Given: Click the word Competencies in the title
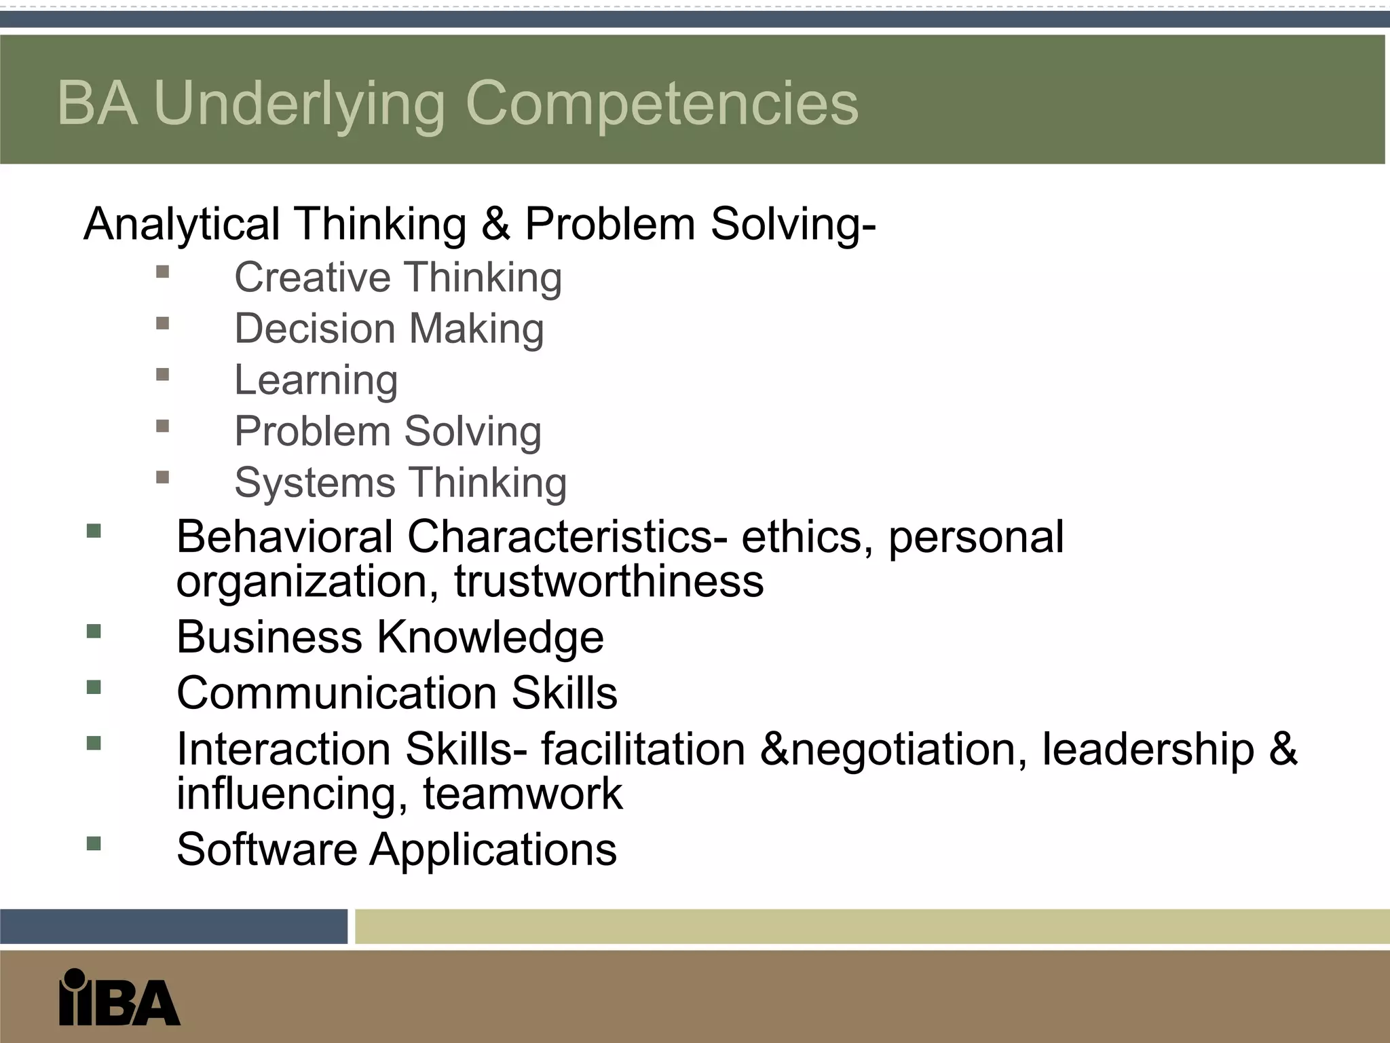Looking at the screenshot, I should [x=662, y=103].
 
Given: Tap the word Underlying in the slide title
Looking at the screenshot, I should [x=299, y=103].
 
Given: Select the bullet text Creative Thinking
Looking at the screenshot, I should [x=398, y=278].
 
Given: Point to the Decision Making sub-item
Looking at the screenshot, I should [x=389, y=329].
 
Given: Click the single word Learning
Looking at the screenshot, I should [x=316, y=380].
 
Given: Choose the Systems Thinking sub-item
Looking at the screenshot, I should [x=400, y=483].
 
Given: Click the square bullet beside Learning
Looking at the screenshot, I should [x=162, y=375].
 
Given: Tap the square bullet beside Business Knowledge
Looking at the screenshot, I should [x=94, y=632].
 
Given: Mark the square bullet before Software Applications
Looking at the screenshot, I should [x=94, y=843].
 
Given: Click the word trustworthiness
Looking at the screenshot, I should [x=609, y=581].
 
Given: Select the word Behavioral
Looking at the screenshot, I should [x=284, y=537].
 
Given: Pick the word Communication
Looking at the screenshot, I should [x=337, y=693].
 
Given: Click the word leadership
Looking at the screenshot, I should [x=1148, y=749].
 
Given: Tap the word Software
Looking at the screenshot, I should [x=266, y=849].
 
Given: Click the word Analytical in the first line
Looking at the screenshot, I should [x=181, y=224].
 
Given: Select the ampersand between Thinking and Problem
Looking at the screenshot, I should [x=495, y=224].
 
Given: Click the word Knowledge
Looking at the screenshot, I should [x=489, y=638].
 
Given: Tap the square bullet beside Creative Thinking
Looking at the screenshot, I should [x=162, y=272].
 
